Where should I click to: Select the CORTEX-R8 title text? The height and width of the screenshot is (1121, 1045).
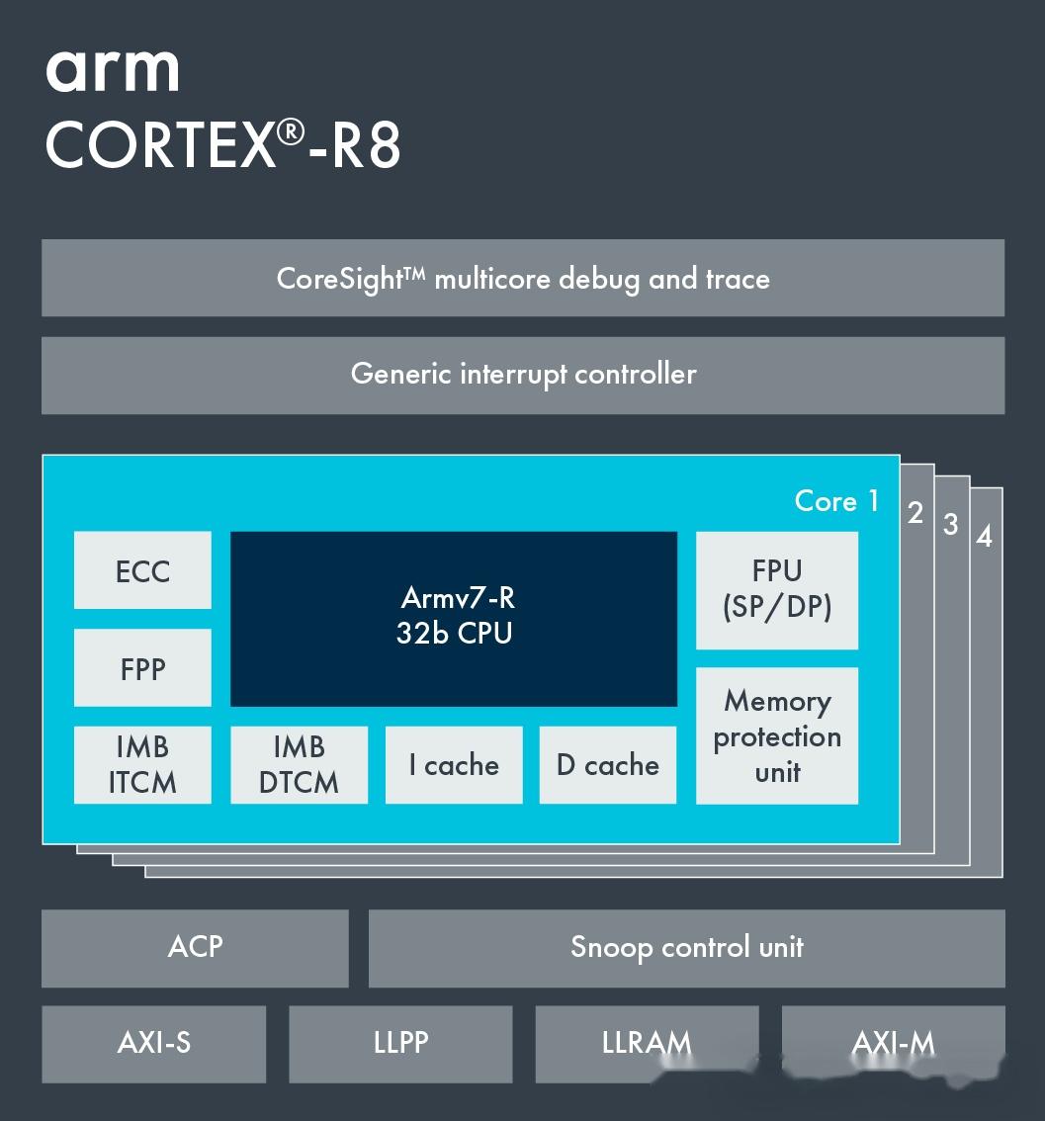tap(222, 146)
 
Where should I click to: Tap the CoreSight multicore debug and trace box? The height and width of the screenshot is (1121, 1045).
tap(522, 278)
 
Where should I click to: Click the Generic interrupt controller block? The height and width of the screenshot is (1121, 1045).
tap(522, 375)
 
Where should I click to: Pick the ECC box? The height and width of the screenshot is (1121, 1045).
tap(142, 570)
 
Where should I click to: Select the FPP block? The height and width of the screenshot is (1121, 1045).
tap(142, 668)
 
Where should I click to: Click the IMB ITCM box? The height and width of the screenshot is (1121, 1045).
tap(142, 765)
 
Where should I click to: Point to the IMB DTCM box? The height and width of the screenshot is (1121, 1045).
tap(299, 765)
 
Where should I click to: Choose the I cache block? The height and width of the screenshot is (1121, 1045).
tap(454, 765)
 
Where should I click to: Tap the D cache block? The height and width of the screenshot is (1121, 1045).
tap(608, 765)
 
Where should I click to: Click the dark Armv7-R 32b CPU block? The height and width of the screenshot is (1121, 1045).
tap(454, 618)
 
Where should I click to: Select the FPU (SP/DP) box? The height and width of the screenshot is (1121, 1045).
tap(777, 590)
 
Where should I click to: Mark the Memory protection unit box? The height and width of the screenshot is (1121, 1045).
tap(777, 735)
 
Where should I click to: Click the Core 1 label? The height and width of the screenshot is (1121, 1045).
tap(836, 501)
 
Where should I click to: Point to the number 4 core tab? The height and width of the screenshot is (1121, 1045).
tap(984, 537)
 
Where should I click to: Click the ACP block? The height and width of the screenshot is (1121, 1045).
tap(195, 947)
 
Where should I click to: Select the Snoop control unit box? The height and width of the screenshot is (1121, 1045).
tap(686, 947)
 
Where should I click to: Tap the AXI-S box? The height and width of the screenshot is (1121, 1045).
tap(153, 1043)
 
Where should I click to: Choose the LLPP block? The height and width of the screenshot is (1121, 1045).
tap(400, 1043)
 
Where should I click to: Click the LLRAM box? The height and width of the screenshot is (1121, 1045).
tap(647, 1043)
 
